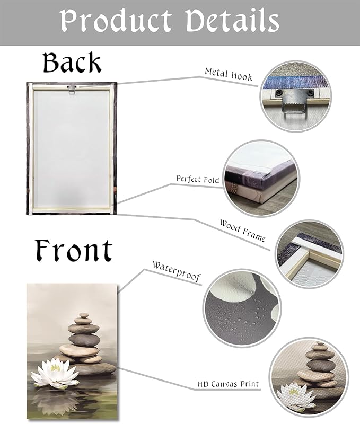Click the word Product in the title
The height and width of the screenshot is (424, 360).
116,21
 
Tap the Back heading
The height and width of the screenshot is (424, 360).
72,63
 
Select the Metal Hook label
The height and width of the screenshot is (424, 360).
229,74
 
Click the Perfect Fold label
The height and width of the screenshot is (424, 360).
197,179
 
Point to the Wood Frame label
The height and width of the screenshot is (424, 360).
242,230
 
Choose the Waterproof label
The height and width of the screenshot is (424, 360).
177,271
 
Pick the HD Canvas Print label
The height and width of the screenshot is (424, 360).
228,384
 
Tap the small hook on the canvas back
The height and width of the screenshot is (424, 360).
71,90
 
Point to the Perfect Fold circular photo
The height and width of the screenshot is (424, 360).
261,178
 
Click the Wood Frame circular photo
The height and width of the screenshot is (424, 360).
310,253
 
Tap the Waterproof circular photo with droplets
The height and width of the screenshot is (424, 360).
242,309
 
